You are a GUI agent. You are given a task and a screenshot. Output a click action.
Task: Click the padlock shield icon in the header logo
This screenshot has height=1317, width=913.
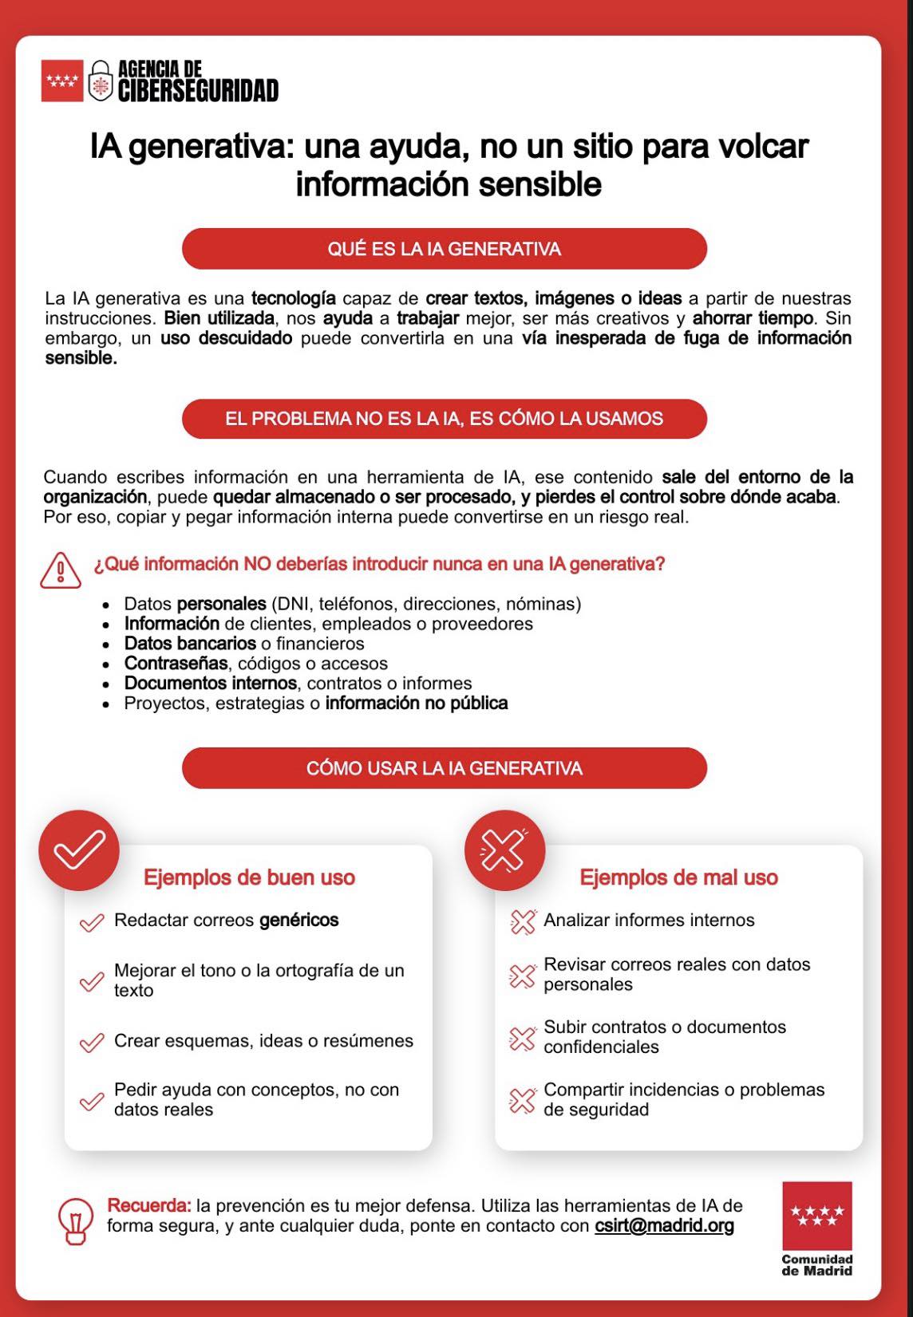click(x=99, y=81)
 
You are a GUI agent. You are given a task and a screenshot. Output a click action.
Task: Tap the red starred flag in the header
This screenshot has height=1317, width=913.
click(x=62, y=81)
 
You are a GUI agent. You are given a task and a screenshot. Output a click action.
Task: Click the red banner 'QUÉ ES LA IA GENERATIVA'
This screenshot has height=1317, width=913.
click(x=445, y=249)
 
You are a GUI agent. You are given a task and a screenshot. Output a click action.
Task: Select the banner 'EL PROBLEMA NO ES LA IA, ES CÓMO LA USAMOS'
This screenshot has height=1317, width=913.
click(x=445, y=419)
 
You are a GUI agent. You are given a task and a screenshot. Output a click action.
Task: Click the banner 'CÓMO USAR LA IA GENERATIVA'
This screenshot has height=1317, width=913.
click(x=445, y=768)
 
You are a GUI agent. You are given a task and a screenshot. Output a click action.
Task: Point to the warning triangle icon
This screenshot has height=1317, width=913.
click(x=61, y=570)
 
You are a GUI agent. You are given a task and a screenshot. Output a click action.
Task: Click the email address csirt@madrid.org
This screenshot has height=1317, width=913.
click(x=664, y=1225)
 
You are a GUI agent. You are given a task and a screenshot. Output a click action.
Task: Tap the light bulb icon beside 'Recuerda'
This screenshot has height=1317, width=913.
click(x=76, y=1222)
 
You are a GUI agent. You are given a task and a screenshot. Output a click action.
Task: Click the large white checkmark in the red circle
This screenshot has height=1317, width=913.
click(x=79, y=850)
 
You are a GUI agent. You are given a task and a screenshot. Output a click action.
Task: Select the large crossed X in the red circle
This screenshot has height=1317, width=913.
click(x=504, y=850)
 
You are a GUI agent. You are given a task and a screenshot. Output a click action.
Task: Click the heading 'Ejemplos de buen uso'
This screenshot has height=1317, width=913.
click(x=249, y=877)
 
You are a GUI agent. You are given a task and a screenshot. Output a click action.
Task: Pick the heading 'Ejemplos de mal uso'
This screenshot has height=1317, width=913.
click(x=678, y=877)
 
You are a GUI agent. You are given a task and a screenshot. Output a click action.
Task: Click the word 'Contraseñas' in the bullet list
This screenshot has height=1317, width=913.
click(x=176, y=664)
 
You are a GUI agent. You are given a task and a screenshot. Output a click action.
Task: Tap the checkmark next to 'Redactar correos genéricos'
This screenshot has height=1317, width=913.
click(x=92, y=922)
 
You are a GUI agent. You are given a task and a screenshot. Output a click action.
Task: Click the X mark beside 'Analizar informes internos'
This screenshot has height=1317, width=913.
click(x=522, y=921)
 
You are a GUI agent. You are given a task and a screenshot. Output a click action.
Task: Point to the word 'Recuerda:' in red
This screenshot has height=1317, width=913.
click(x=149, y=1205)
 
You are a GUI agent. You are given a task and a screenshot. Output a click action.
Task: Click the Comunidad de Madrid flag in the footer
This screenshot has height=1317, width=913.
click(x=817, y=1216)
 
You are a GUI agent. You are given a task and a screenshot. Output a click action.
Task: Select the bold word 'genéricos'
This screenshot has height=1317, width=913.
click(x=299, y=920)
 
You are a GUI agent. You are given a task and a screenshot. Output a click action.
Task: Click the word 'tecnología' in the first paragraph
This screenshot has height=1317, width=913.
click(x=293, y=298)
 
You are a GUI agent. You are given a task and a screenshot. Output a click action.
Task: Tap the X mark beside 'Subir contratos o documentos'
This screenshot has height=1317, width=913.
click(x=522, y=1038)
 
